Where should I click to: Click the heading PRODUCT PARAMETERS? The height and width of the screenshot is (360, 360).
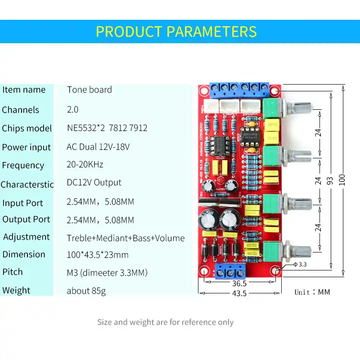click(x=176, y=32)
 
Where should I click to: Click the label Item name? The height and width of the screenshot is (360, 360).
click(x=24, y=90)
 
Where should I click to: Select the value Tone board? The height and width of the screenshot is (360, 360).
click(x=90, y=90)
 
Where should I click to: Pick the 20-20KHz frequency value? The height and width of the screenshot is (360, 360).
click(x=85, y=165)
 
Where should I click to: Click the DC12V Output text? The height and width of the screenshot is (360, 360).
click(x=94, y=183)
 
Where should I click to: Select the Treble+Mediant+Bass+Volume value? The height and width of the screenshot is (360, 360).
click(x=126, y=238)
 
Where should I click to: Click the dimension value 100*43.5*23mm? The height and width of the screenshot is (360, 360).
click(x=98, y=255)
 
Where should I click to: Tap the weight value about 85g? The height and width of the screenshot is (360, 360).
click(x=86, y=291)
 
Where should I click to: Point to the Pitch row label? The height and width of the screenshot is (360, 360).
click(x=13, y=272)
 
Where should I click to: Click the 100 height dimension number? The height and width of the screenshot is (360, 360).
click(x=343, y=180)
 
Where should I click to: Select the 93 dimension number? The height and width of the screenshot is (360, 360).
click(x=330, y=180)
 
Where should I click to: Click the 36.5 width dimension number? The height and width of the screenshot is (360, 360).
click(x=239, y=283)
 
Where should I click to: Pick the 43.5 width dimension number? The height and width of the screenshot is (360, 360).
click(x=239, y=293)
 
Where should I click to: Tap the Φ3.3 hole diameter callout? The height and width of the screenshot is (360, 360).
click(x=301, y=265)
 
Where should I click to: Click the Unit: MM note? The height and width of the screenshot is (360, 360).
click(x=312, y=292)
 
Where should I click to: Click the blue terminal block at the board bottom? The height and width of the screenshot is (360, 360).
click(x=230, y=271)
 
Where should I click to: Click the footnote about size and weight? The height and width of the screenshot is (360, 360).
click(x=165, y=322)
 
